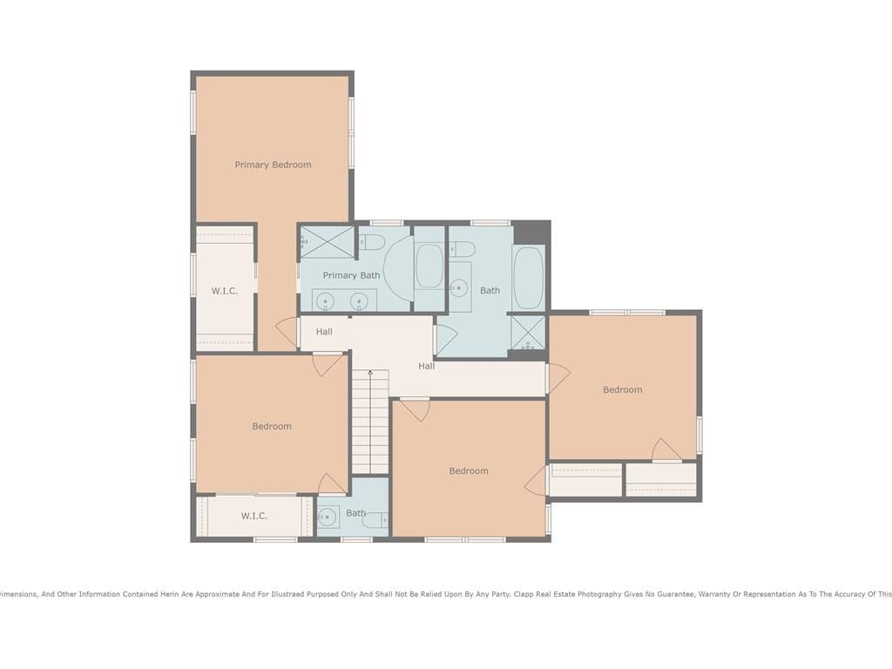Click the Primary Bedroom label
click(x=273, y=165)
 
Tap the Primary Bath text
click(x=351, y=275)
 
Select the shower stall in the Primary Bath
click(x=327, y=242)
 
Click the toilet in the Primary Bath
click(x=372, y=242)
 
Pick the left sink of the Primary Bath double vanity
click(x=325, y=300)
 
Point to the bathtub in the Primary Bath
click(x=429, y=267)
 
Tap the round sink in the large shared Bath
click(x=458, y=288)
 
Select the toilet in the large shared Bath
click(x=462, y=248)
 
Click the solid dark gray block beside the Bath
click(x=532, y=233)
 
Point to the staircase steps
click(x=370, y=422)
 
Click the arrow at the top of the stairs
click(x=370, y=373)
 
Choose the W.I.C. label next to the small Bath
click(x=253, y=516)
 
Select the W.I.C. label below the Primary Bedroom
click(x=224, y=291)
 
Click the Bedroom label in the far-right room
click(x=622, y=389)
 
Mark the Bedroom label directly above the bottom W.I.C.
click(x=272, y=426)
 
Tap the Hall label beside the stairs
click(x=427, y=367)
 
